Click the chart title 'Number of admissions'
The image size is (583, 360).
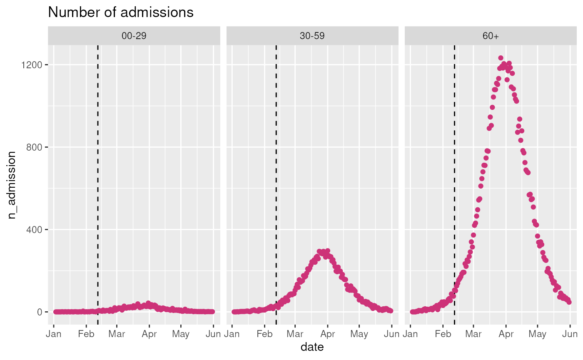tap(121, 12)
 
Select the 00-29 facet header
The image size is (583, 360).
tap(134, 36)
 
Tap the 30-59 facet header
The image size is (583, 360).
tap(312, 36)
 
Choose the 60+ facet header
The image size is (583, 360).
tap(491, 36)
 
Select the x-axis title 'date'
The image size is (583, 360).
tap(312, 346)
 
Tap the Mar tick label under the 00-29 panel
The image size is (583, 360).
tap(117, 334)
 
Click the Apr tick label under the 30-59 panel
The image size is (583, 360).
tap(328, 334)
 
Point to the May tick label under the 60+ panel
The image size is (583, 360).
tap(538, 334)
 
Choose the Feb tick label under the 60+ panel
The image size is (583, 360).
tap(443, 334)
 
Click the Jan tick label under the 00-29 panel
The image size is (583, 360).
tap(53, 334)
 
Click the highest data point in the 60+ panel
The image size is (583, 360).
tap(501, 58)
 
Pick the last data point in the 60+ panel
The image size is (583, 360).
tap(569, 302)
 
